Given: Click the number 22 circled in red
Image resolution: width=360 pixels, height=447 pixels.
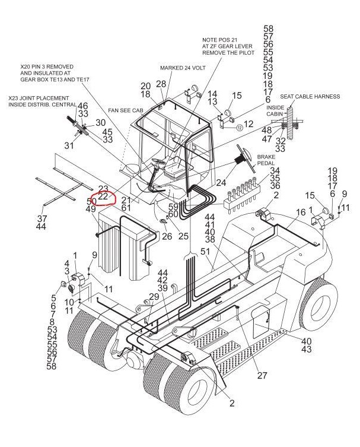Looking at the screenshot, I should click(x=103, y=196).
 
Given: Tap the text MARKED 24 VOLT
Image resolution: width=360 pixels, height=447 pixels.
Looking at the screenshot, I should click(x=182, y=68).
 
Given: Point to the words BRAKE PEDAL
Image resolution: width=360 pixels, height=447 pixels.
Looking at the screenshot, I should click(x=265, y=160).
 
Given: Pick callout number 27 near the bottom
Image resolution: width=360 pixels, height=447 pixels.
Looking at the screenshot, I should click(x=262, y=376).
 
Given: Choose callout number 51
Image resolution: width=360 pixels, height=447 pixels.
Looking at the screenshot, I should click(x=205, y=252).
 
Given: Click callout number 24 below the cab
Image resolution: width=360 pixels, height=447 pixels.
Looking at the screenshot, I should click(x=222, y=182).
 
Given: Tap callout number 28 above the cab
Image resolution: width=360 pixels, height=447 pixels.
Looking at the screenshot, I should click(x=161, y=84).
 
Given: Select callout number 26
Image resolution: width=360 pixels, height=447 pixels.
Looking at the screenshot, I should click(x=150, y=236).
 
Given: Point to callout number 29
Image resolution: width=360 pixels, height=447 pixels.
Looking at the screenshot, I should click(x=154, y=296).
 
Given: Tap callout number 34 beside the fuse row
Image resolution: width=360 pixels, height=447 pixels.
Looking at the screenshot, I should click(x=275, y=171).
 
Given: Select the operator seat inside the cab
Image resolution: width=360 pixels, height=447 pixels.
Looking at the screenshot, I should click(x=173, y=172).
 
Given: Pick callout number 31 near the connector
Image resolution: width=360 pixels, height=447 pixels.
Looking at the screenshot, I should click(x=69, y=146).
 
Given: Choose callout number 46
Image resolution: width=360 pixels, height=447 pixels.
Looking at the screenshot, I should click(x=83, y=105).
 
